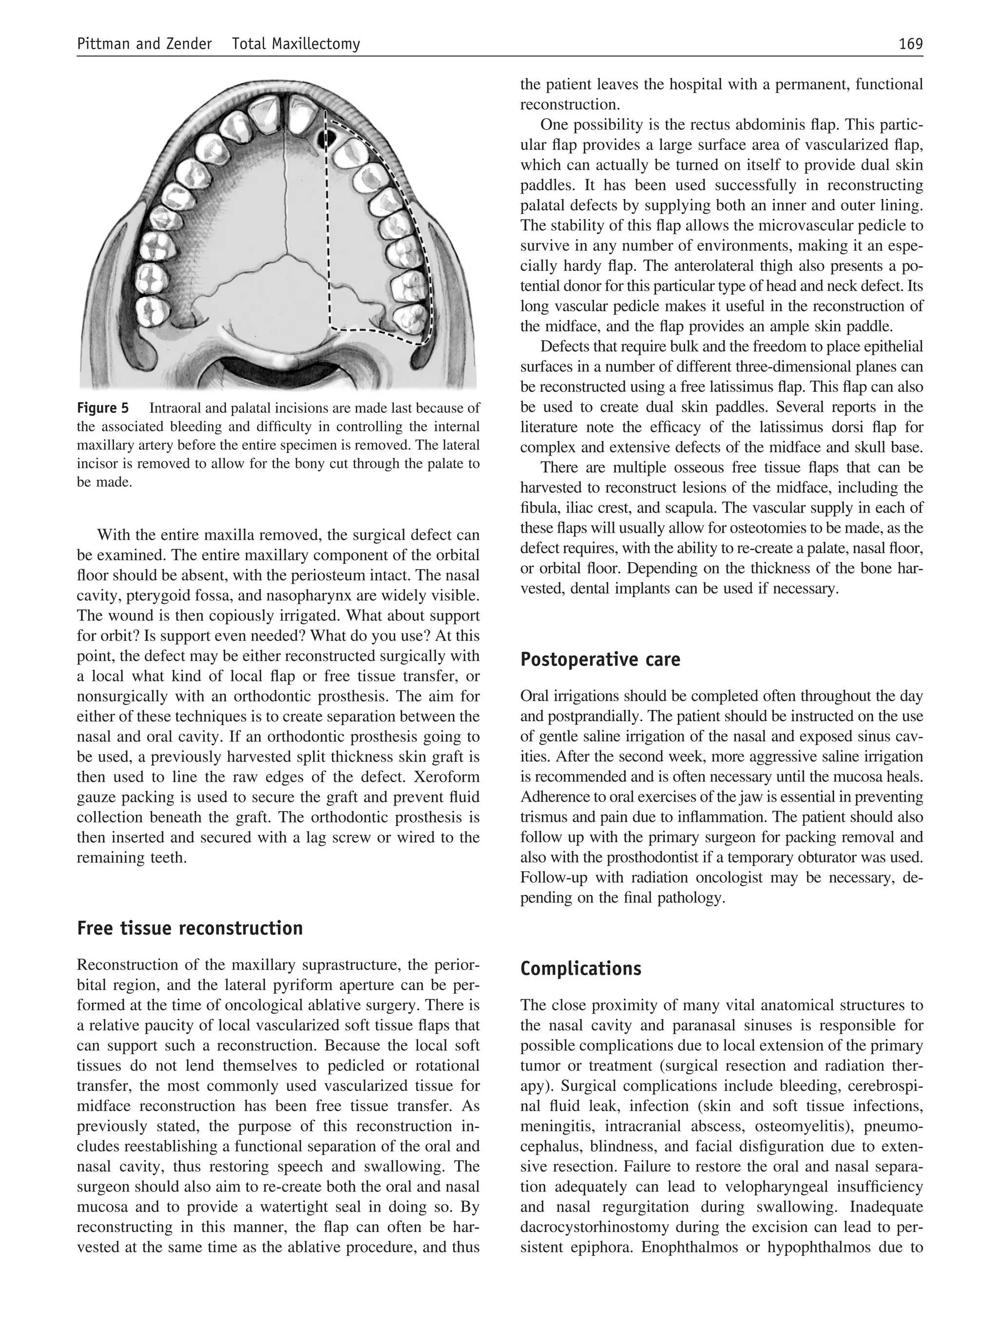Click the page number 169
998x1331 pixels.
tap(910, 44)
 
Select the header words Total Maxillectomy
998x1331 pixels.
tap(295, 44)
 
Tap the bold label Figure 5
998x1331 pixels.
tap(103, 408)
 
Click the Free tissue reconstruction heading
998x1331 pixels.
tap(190, 928)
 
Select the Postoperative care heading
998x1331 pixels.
tap(600, 659)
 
